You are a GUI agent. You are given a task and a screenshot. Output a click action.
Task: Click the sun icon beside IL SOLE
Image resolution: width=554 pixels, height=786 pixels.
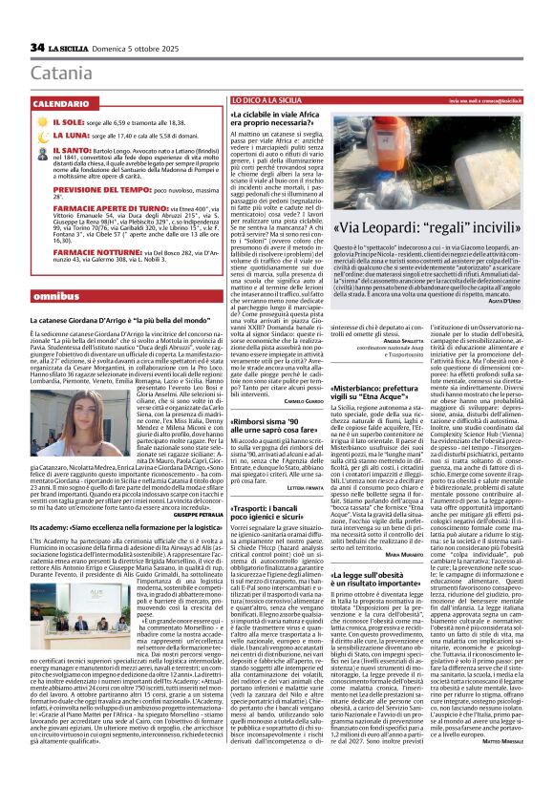(x=40, y=123)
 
